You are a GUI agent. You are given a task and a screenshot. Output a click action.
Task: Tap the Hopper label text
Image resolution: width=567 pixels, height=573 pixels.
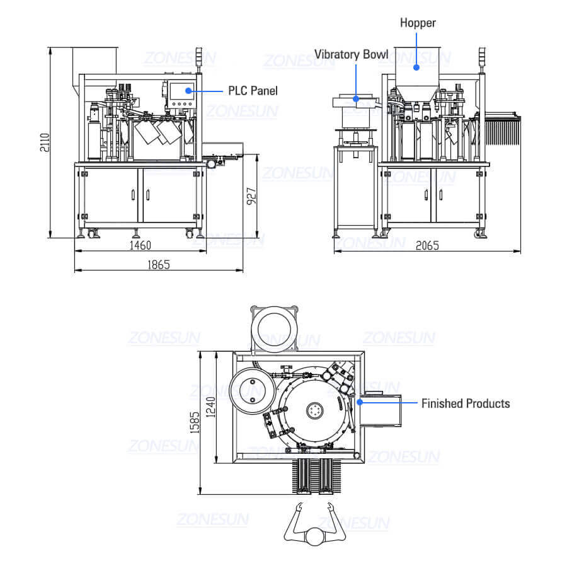pos(418,23)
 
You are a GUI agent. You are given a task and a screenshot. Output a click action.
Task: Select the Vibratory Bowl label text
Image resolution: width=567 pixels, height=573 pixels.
pos(352,55)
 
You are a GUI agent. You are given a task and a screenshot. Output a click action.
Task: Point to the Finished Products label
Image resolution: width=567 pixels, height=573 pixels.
pos(466,403)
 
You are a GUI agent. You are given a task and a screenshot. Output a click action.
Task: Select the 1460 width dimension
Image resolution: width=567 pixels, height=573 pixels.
pos(139,245)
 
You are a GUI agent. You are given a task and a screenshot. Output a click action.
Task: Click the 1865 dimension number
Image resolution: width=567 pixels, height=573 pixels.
pos(158,265)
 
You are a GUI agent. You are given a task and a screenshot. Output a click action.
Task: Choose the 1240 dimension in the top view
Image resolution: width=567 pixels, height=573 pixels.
pos(212,408)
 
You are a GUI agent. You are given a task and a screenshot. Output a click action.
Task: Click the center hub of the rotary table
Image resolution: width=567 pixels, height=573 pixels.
pos(314,410)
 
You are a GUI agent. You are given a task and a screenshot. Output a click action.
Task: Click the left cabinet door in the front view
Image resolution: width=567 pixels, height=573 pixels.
pos(110,195)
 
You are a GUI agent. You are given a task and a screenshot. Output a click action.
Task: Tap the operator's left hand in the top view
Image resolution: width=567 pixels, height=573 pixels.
pos(299,507)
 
